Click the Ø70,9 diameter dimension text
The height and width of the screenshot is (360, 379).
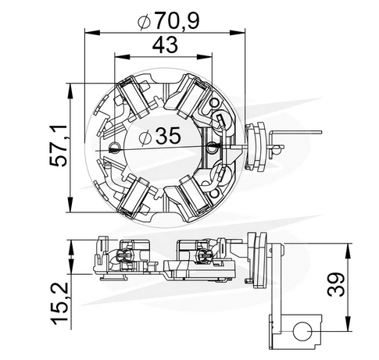point(166,17)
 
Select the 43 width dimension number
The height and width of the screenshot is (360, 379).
point(164,46)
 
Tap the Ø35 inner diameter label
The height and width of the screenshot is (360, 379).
point(164,137)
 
